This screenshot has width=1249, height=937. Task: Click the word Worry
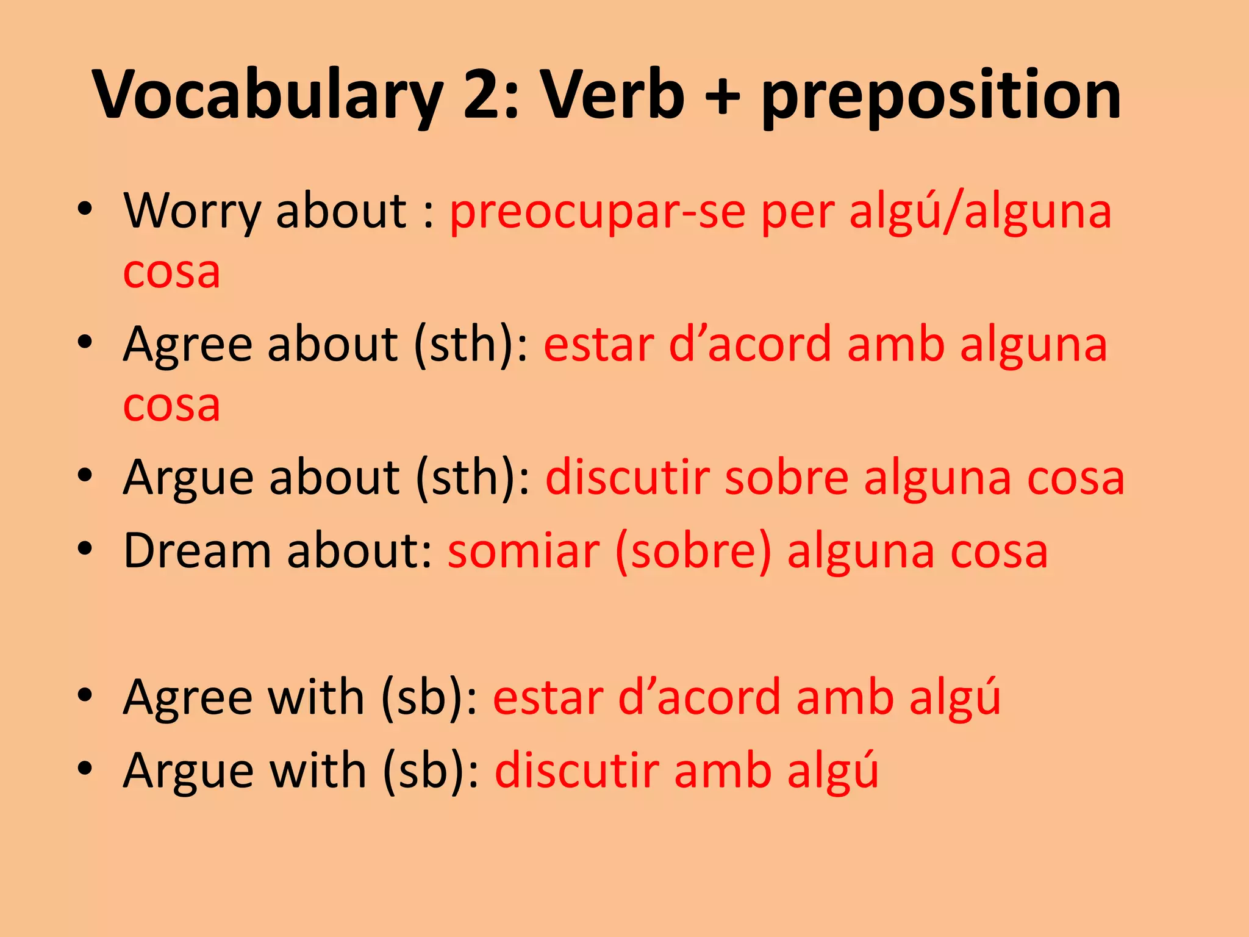[192, 211]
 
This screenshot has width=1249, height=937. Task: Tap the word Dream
[197, 550]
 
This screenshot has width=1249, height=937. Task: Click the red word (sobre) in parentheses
[694, 551]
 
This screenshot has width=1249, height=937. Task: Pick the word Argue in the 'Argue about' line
[188, 478]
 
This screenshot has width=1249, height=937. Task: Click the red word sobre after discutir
[787, 477]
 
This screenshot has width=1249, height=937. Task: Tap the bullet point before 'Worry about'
[85, 209]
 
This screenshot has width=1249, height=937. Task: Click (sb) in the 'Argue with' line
[431, 770]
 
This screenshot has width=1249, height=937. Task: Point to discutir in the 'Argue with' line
[577, 770]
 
